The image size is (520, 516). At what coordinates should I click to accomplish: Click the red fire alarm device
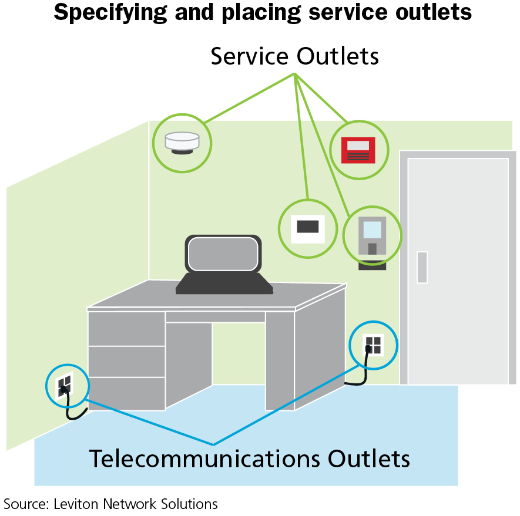[358, 150]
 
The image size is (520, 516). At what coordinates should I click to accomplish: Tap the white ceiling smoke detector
[182, 143]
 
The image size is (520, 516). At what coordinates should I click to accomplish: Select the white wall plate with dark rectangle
[307, 227]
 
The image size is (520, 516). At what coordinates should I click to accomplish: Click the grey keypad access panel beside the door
[372, 235]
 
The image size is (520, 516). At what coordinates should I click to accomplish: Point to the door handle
[422, 267]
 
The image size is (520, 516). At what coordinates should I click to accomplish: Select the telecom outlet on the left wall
[65, 385]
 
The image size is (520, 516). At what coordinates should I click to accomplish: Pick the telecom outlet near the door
[373, 345]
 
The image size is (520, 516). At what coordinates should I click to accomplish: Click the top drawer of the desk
[126, 329]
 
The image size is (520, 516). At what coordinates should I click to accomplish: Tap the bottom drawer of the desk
[126, 393]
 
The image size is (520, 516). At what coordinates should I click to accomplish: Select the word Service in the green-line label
[250, 56]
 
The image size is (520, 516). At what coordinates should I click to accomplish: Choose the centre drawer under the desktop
[214, 317]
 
